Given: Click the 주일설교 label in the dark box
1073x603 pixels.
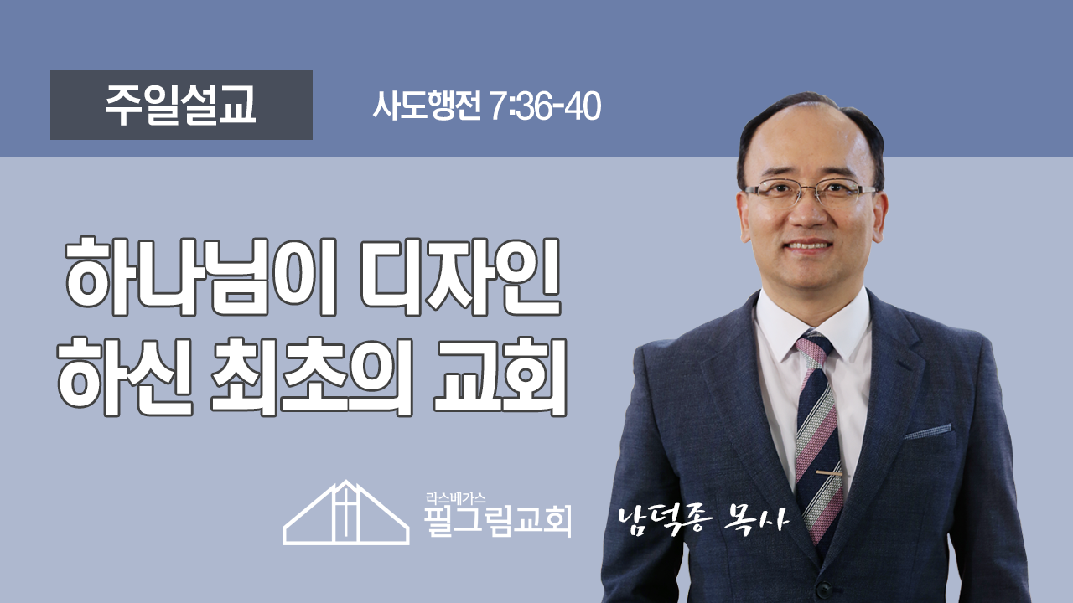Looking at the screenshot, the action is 180,106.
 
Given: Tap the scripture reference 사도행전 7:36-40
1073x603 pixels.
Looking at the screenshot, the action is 487,106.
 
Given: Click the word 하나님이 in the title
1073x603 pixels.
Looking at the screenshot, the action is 202,276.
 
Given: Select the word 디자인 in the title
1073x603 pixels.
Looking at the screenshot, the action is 460,276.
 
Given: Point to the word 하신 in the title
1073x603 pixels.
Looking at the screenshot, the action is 126,377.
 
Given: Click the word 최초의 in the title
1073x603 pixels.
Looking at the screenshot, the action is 312,377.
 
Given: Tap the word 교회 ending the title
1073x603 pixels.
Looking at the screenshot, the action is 500,377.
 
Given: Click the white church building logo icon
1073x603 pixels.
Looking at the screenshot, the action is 346,513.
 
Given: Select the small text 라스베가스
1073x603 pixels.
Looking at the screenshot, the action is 455,498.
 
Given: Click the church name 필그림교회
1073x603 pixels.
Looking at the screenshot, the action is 498,522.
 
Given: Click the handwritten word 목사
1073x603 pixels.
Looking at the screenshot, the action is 757,519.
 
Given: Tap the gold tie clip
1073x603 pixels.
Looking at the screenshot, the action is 829,473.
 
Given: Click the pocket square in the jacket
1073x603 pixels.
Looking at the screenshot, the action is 927,431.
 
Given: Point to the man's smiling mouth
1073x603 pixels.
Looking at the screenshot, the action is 810,245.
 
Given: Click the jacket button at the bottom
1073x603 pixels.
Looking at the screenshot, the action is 825,591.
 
